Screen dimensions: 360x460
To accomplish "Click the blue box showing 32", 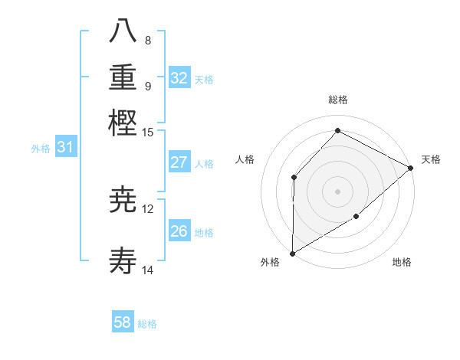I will point(179,78).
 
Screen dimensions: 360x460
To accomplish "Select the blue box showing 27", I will point(179,162).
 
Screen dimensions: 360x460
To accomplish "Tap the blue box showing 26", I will point(179,231).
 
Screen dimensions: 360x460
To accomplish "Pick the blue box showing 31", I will point(65,148).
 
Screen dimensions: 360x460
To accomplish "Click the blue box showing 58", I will point(123,322).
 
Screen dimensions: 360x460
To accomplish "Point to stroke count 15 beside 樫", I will point(148,132).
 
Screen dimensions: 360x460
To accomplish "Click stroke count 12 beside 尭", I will point(148,208).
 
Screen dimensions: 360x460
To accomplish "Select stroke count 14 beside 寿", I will point(148,270).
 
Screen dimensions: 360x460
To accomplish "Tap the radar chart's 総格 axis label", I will point(338,100).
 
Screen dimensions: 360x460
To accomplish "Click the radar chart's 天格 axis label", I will point(431,159).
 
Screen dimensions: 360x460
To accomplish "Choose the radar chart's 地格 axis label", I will point(402,263).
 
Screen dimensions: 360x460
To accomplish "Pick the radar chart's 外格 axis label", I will point(270,263).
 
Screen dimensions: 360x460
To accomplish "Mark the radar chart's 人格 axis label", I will point(245,159).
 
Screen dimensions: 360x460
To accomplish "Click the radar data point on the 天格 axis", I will point(411,168).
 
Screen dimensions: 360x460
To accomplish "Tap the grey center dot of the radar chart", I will point(337,191).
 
